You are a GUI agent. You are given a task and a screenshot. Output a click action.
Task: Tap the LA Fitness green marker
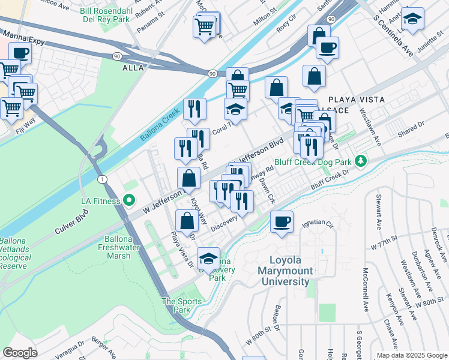coord(127,200)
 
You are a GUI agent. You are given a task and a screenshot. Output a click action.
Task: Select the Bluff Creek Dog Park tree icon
coord(360,161)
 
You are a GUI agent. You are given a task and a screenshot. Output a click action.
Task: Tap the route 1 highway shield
coord(102,180)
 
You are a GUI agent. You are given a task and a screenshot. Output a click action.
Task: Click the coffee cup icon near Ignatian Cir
coord(282,222)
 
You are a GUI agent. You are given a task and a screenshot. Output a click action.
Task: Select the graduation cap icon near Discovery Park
coord(208,259)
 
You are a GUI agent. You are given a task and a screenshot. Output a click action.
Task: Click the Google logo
coord(20,353)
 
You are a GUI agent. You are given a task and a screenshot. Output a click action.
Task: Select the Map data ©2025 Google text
coord(411,355)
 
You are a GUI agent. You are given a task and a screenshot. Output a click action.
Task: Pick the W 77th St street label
coord(384,245)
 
